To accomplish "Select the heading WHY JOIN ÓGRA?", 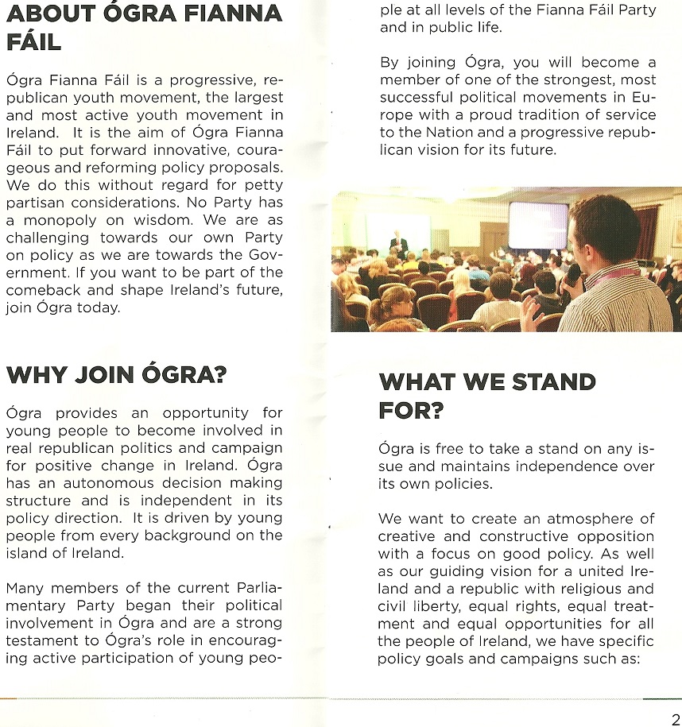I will (116, 373).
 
